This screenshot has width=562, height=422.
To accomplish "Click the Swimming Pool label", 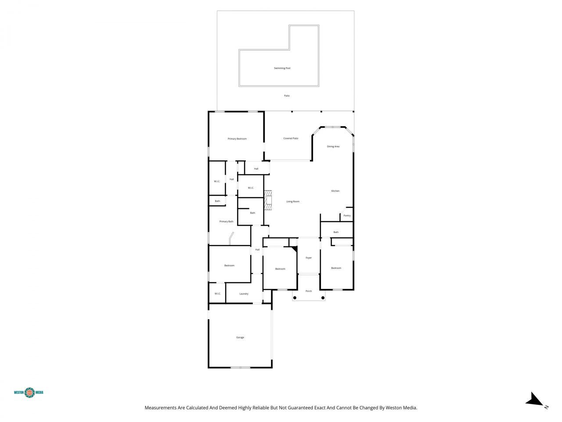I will click(282, 68).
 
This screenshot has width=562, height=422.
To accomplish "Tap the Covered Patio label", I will click(291, 138).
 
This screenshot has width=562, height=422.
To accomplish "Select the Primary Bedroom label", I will click(237, 139).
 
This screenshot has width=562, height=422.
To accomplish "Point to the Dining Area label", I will click(333, 146).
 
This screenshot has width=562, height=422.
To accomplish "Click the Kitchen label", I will click(335, 191).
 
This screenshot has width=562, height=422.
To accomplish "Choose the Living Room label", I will click(293, 201).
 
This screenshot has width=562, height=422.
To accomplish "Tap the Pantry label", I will click(347, 215).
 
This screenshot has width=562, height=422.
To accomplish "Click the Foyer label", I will click(309, 258).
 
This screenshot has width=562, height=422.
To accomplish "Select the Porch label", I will click(309, 291).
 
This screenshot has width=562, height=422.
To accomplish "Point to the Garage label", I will click(240, 337).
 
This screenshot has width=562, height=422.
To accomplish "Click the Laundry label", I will click(244, 294).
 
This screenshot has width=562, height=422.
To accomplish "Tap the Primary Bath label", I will click(227, 222).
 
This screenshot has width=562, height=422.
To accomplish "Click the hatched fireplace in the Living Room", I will click(268, 200).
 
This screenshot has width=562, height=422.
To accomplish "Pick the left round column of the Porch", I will click(295, 298).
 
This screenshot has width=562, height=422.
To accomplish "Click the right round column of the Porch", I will click(323, 298).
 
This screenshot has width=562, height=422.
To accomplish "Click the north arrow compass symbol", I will click(535, 400).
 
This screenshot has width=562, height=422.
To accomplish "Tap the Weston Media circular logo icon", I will click(29, 392).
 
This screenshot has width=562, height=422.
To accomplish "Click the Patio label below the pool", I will click(287, 95).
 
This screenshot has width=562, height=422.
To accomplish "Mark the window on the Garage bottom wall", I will click(240, 367).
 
